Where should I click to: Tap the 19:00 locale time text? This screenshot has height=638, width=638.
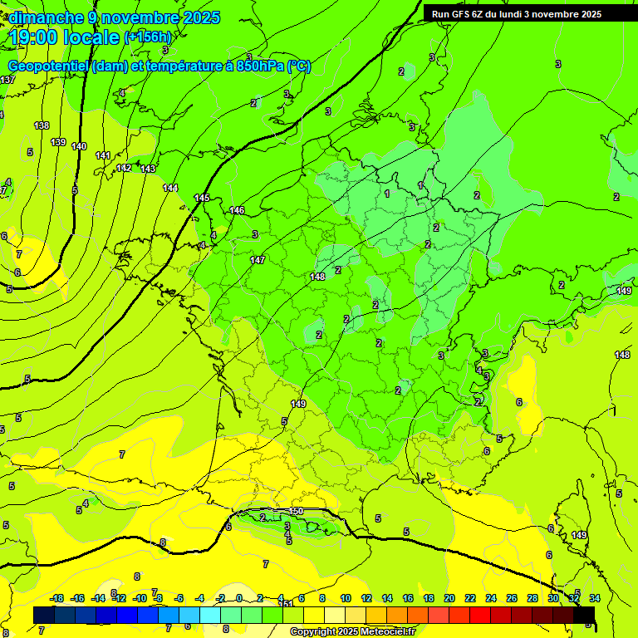(65, 37)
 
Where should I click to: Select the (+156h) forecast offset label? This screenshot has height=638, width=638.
(147, 37)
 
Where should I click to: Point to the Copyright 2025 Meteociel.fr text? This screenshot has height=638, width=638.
(352, 631)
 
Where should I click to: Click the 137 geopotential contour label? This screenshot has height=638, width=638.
(7, 80)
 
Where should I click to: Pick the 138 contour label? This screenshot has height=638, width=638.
(42, 125)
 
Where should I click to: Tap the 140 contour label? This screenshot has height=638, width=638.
(79, 146)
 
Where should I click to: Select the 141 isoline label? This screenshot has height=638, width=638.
(103, 155)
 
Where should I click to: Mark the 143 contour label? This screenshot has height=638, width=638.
(148, 169)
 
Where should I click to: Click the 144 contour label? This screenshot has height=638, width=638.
(170, 188)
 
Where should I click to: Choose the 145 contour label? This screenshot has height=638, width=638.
(202, 198)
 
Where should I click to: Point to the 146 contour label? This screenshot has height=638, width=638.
(238, 210)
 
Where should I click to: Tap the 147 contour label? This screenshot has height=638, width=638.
(258, 260)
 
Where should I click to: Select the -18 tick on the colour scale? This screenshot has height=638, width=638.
(57, 598)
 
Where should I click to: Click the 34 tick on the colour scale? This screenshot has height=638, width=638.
(595, 598)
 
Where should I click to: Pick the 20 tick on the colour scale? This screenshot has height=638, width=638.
(449, 598)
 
